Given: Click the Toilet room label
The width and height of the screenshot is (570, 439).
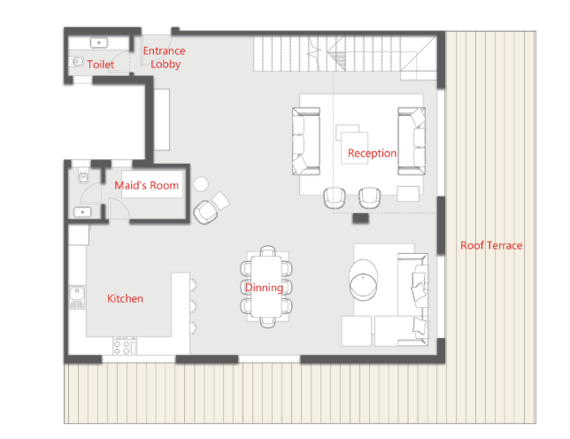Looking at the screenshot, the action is point(100,65).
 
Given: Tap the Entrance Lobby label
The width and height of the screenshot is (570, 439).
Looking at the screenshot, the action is point(165,58).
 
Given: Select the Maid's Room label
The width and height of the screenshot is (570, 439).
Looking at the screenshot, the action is point(147,185).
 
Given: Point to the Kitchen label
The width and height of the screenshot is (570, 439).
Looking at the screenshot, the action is point(125,299).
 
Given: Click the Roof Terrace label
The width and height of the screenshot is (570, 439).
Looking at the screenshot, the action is point(491,246).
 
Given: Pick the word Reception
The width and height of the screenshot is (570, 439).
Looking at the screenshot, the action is point(372,153).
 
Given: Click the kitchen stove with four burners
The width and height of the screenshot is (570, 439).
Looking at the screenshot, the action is point(125,346).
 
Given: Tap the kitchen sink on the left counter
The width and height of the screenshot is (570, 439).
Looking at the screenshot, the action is point(77,297).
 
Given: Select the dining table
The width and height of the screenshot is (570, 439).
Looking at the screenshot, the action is point(266,287).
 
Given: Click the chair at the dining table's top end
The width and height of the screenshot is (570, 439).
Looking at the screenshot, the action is point(267,250).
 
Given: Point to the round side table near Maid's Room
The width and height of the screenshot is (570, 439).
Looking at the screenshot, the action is point(201,184).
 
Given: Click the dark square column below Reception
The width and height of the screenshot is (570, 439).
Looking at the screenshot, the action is point(360,218).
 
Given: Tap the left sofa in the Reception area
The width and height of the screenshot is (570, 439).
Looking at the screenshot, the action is point(306,141).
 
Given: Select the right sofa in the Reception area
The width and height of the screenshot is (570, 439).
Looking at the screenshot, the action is point(412,141).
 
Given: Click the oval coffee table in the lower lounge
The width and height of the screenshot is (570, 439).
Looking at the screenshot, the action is point(363,280).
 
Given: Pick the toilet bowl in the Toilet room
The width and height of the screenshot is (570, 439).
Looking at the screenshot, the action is point(76,61).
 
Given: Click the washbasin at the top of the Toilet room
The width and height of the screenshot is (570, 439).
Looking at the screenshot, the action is point(99,42).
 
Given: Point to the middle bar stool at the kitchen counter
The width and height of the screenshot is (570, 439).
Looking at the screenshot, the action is point(193,307).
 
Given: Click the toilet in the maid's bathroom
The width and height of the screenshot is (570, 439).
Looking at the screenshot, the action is point(83,177).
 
